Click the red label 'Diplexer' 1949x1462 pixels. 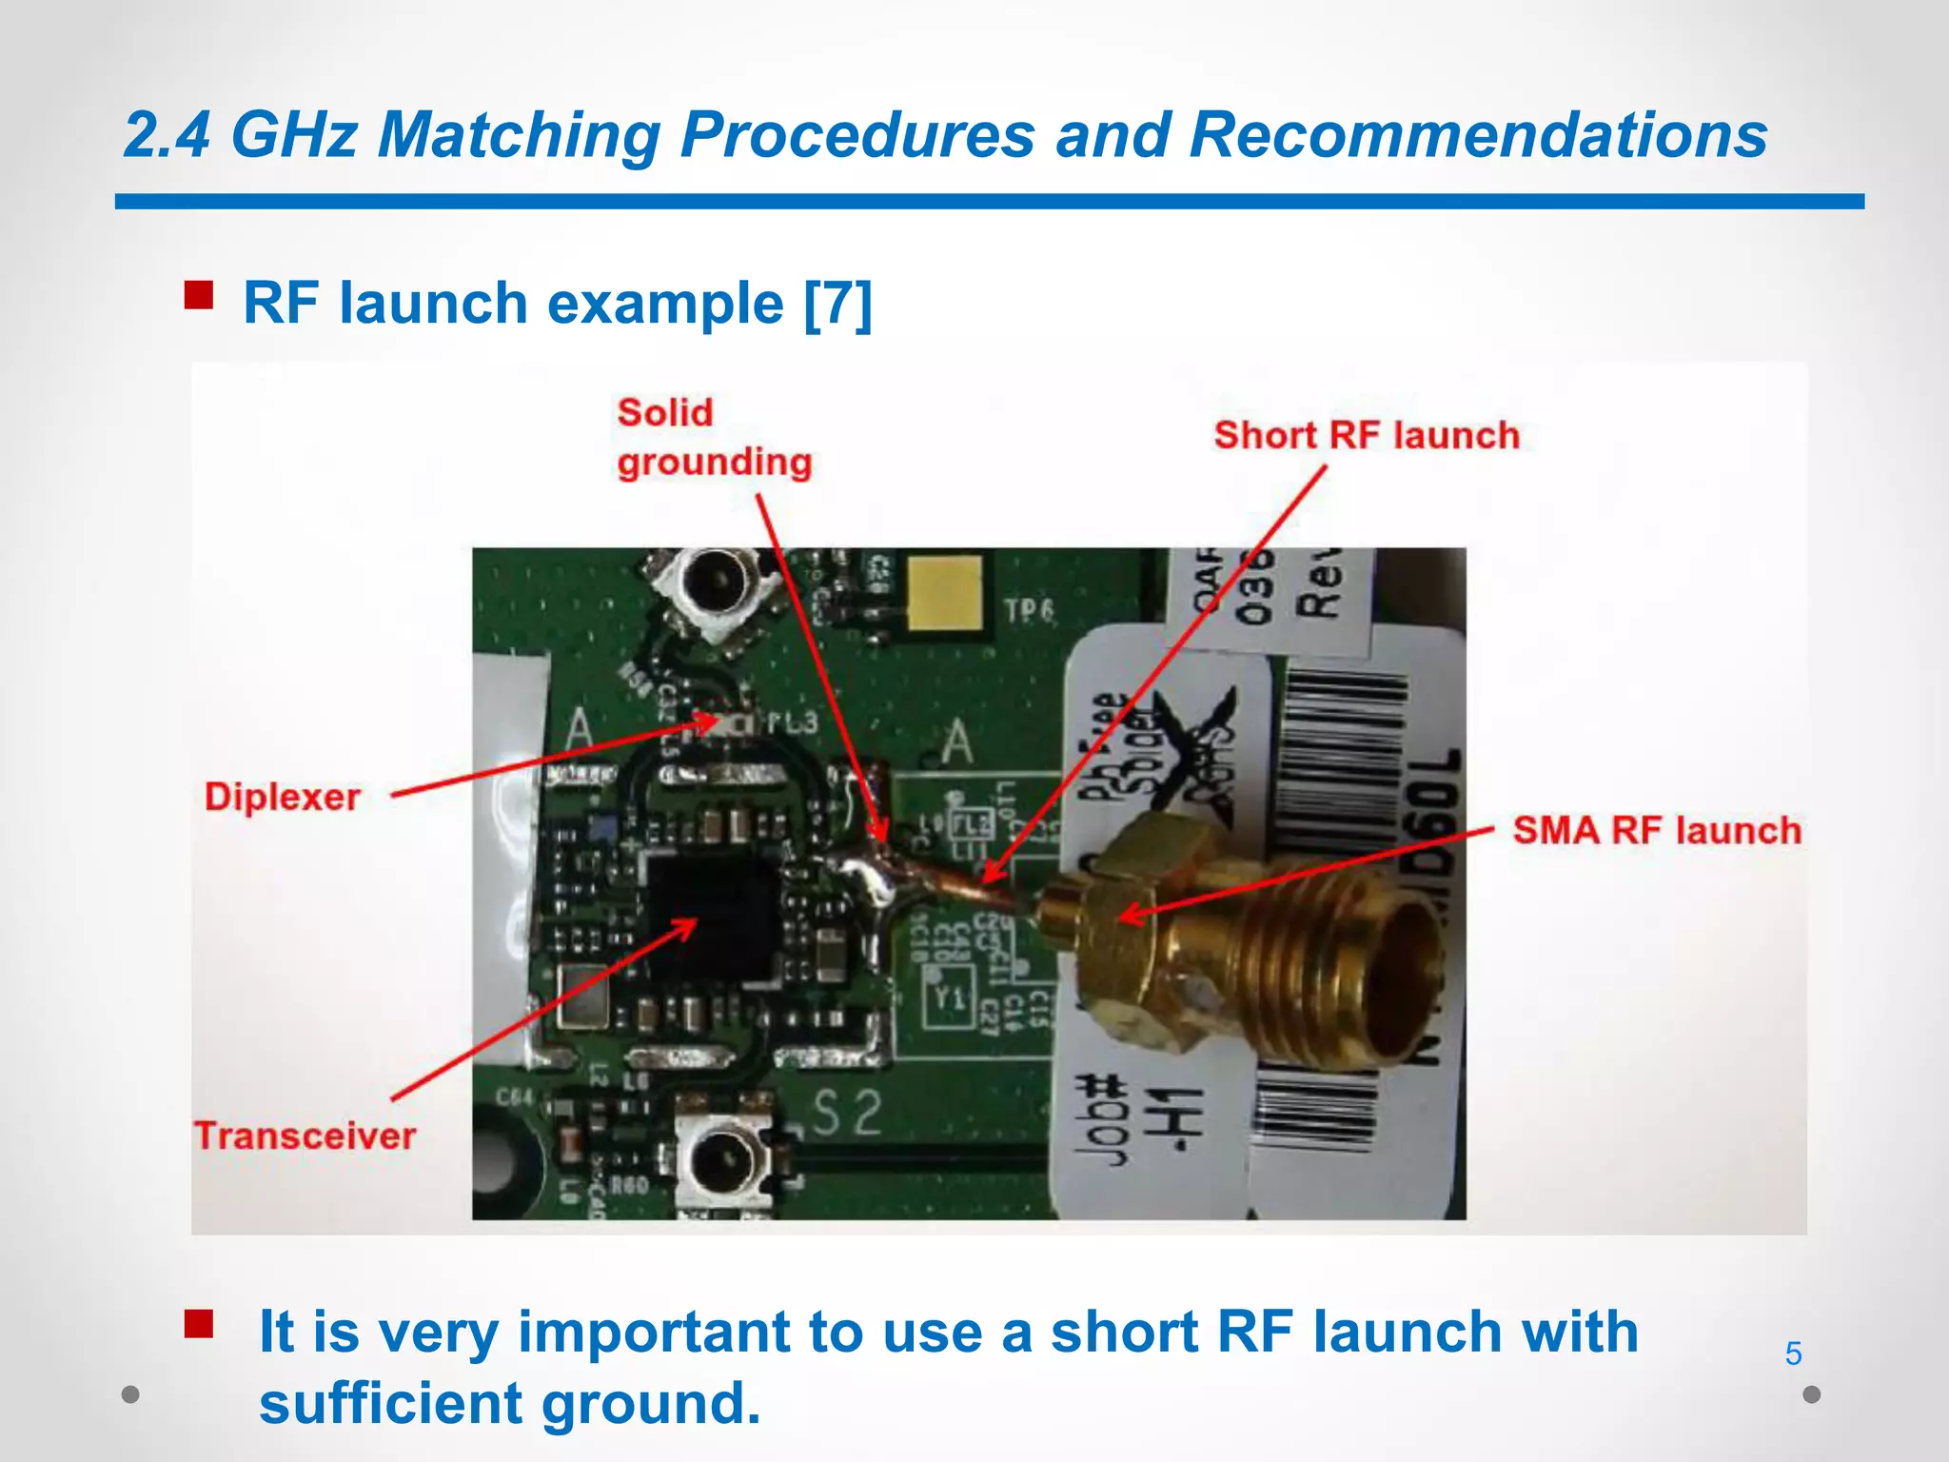pos(283,797)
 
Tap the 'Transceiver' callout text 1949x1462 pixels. pos(305,1136)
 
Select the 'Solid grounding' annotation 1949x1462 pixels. pos(714,438)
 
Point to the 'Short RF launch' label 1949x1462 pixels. pos(1367,435)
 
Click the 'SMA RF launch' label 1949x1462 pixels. pos(1657,830)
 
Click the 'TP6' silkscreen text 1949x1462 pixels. pos(1030,610)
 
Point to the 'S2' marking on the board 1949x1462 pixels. pos(847,1113)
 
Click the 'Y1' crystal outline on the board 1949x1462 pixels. pos(949,997)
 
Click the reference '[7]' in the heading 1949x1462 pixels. pos(837,304)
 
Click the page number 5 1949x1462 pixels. pos(1793,1353)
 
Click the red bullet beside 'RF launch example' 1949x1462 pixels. pos(199,295)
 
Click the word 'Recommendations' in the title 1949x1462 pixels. pos(1478,134)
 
